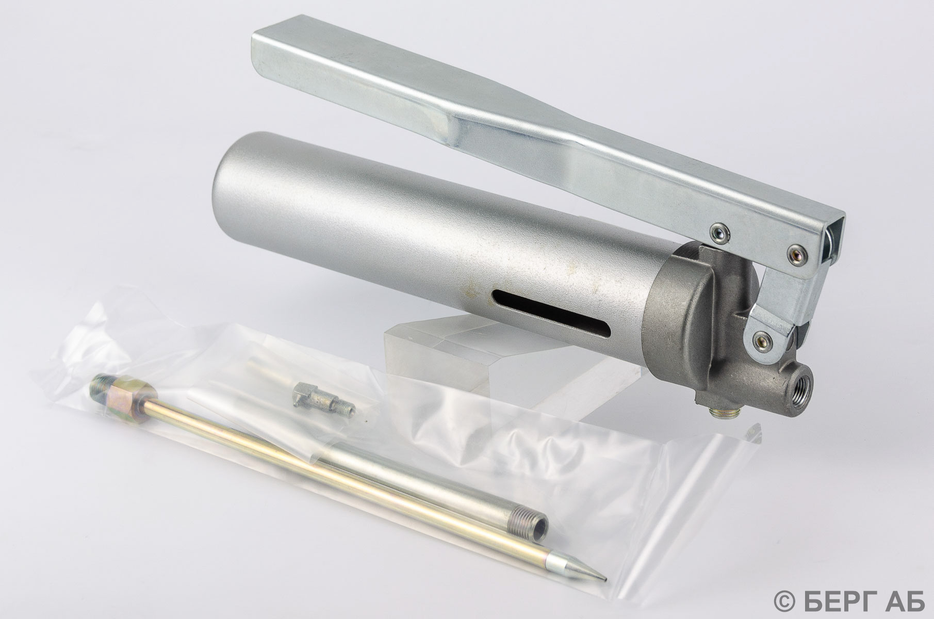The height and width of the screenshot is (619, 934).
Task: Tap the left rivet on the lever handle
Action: pyautogui.click(x=716, y=233)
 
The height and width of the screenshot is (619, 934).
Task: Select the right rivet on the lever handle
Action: pyautogui.click(x=797, y=253)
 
